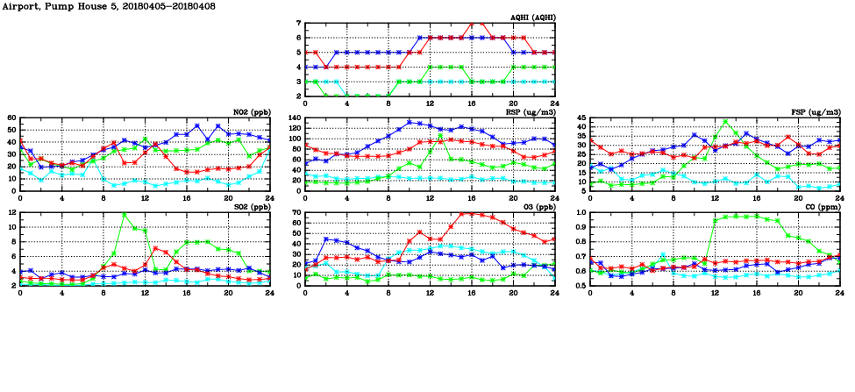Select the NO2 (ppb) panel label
pos(251,111)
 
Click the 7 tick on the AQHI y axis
pos(299,24)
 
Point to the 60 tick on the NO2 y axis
pos(12,118)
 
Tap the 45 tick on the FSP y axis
pos(581,126)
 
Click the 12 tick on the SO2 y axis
pos(12,212)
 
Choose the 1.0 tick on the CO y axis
pos(580,212)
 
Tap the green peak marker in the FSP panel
pos(725,122)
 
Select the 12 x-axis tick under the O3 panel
pos(430,292)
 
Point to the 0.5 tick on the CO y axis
pos(580,285)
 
